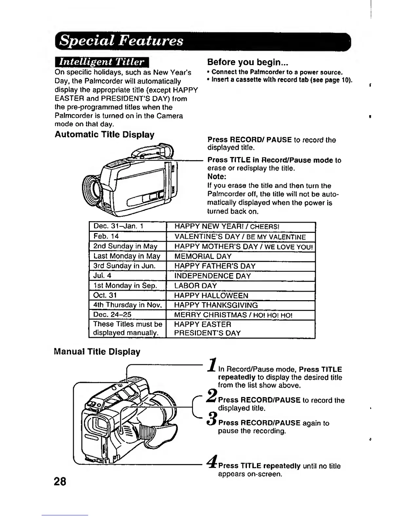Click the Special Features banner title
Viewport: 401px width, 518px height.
[122, 41]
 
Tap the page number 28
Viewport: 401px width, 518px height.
[60, 481]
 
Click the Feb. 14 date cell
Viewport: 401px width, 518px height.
[128, 236]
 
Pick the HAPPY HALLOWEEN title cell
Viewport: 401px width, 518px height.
[241, 296]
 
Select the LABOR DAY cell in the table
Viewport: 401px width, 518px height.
[241, 286]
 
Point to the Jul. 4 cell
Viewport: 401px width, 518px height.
[128, 276]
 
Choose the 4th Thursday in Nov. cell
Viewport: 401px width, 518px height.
[128, 305]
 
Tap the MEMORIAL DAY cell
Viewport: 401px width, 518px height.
[241, 256]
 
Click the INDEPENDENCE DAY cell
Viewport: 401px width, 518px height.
[241, 276]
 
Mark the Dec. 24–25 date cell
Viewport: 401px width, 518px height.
[128, 315]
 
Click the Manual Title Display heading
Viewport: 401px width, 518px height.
[97, 352]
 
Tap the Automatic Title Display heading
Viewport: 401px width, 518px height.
[105, 135]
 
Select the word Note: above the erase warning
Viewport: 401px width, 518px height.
[217, 177]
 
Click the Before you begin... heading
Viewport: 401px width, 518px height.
[249, 62]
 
